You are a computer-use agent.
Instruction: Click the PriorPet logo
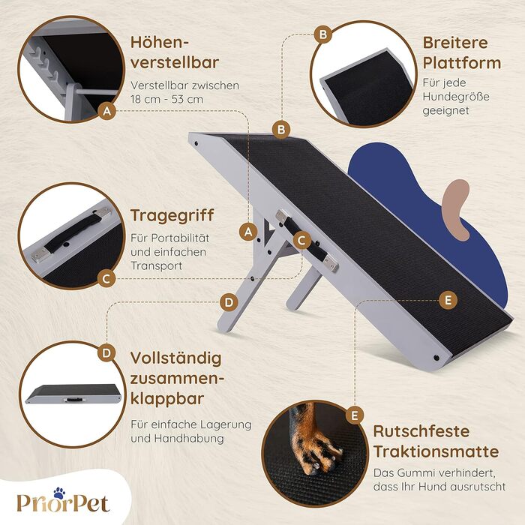tap(63, 500)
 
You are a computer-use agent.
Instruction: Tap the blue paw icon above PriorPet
tap(59, 493)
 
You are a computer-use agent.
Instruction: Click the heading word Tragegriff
tap(172, 216)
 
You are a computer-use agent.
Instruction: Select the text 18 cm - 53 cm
tap(167, 100)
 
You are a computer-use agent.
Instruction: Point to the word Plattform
tap(462, 63)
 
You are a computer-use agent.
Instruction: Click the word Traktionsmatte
tap(436, 451)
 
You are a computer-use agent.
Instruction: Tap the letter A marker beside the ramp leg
tap(248, 232)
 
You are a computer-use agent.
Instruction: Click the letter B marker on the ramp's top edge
tap(281, 130)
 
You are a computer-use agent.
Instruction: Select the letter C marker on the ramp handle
tap(301, 241)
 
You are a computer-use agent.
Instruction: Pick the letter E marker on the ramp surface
tap(448, 300)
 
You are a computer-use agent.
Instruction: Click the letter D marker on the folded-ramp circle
tap(106, 353)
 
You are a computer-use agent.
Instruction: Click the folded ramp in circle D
tap(73, 394)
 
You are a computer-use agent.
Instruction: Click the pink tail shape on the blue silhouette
tap(456, 210)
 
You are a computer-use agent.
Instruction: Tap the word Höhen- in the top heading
tap(160, 43)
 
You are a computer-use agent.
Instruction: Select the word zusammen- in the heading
tap(177, 379)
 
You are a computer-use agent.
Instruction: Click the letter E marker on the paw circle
tap(354, 415)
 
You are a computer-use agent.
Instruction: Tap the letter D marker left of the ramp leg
tap(229, 303)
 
